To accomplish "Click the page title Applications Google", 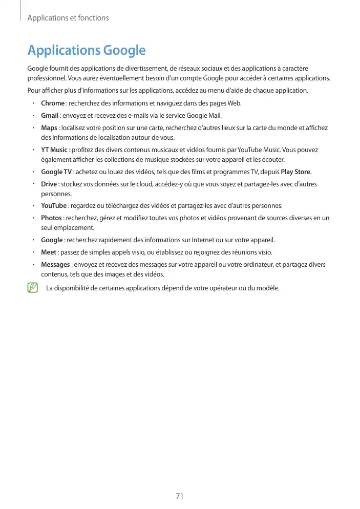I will click(87, 51).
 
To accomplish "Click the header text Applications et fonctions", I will click(68, 18).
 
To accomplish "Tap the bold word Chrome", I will click(52, 103).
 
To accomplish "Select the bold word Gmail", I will click(50, 115).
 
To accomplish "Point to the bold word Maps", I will click(49, 128).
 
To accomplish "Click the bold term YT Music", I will click(54, 150).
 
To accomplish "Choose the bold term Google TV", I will click(56, 172).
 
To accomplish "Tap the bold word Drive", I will click(49, 184).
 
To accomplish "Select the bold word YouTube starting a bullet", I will click(53, 206).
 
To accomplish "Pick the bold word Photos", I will click(51, 218).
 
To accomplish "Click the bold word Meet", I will click(48, 252).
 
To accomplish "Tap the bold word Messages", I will click(55, 264).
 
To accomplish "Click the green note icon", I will click(34, 287).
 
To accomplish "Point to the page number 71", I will click(180, 496).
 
